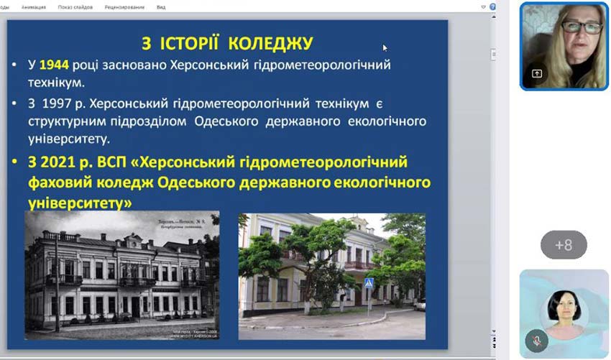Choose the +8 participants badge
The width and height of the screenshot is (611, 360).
click(564, 245)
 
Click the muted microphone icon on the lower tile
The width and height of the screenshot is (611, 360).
click(536, 340)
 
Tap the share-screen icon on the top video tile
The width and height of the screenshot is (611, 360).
click(536, 73)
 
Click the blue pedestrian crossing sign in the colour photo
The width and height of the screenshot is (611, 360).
click(369, 283)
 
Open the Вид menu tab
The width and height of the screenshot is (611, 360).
click(161, 7)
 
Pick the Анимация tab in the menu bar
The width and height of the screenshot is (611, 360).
click(34, 7)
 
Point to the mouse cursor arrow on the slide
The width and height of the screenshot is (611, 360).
click(385, 48)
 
